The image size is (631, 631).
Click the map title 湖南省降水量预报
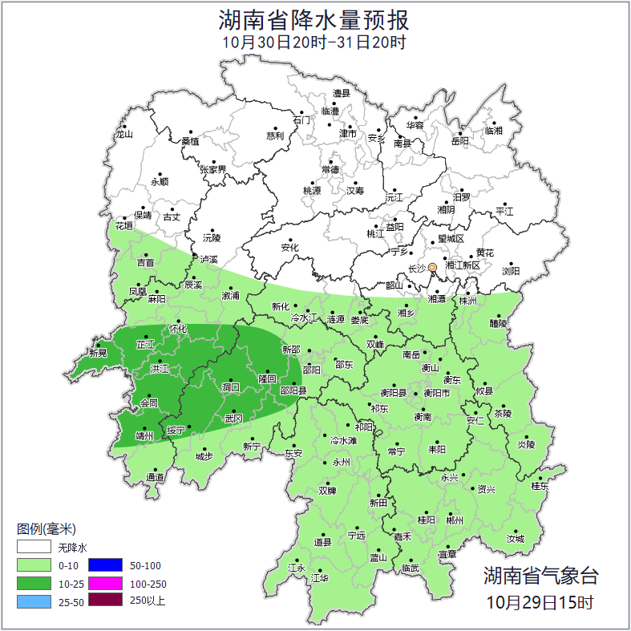(x=315, y=19)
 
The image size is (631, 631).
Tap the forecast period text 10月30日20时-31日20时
(x=315, y=42)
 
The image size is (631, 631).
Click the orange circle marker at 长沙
(x=433, y=267)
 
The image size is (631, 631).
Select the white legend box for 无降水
(x=34, y=548)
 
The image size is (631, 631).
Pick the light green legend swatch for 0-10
(x=34, y=565)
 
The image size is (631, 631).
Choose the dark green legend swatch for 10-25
(x=34, y=583)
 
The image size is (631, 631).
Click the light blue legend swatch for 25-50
(x=34, y=601)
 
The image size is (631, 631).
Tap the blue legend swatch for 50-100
(x=104, y=565)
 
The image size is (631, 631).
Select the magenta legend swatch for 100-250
(x=104, y=583)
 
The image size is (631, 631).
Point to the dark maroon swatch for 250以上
(x=104, y=601)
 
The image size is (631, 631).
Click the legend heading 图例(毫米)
(x=46, y=529)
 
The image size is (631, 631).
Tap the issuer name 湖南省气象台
(x=540, y=576)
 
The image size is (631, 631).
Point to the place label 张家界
(x=213, y=170)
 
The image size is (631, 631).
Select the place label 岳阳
(x=459, y=141)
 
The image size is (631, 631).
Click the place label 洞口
(x=232, y=387)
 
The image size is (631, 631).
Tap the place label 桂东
(x=540, y=486)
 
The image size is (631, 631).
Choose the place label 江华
(x=320, y=577)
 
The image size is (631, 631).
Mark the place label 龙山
(x=123, y=135)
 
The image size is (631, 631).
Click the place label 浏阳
(x=511, y=272)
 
